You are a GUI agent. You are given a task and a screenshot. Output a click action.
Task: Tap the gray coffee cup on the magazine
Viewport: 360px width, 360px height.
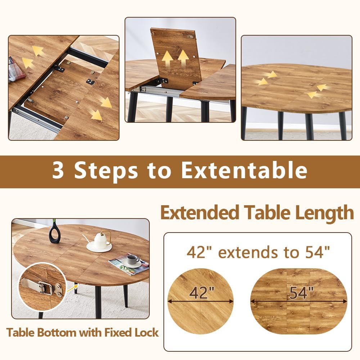click(133, 260)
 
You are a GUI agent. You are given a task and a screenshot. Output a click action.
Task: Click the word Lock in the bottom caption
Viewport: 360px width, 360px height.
click(147, 333)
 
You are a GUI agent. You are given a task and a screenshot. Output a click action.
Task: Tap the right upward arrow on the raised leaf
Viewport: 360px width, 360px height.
click(183, 58)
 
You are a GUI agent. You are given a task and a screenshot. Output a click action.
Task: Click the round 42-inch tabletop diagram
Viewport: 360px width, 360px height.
click(201, 301)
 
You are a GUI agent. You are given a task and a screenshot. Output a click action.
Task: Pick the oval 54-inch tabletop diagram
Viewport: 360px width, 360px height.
click(299, 301)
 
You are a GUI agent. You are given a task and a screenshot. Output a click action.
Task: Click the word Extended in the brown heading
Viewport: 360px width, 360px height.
click(200, 213)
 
